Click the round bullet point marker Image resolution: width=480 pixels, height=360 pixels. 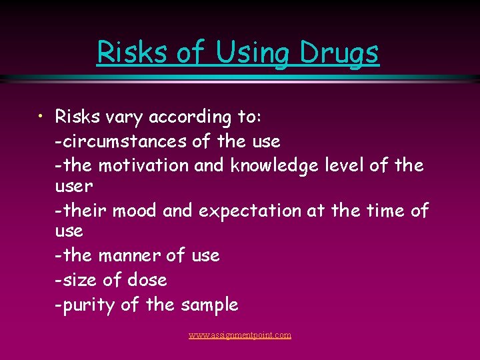point(41,117)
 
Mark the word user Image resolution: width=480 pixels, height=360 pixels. point(74,186)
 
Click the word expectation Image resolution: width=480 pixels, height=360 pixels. point(250,211)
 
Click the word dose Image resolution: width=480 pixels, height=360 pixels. point(146,280)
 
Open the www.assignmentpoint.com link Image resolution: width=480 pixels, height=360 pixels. point(240,335)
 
